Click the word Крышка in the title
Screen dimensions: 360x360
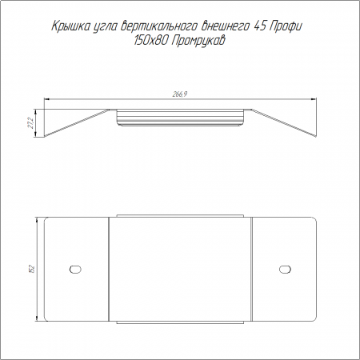(x=70, y=26)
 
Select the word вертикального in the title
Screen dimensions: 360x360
(x=159, y=26)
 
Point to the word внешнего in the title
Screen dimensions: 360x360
(x=226, y=26)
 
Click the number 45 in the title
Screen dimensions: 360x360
(x=261, y=26)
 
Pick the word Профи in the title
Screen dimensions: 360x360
(x=286, y=26)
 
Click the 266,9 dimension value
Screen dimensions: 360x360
(x=180, y=94)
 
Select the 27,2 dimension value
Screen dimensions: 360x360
(x=31, y=123)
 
